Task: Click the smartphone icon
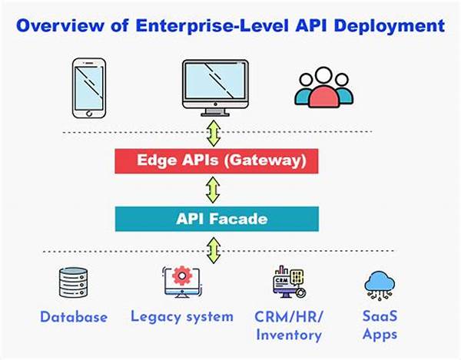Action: [89, 88]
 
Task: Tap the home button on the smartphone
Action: [89, 113]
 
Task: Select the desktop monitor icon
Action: [215, 88]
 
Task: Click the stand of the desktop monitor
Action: [215, 112]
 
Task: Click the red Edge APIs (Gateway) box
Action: [217, 161]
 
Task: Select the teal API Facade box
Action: [217, 219]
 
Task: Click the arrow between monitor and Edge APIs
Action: [214, 134]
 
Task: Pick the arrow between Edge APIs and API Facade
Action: [213, 190]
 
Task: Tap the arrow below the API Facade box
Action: [214, 250]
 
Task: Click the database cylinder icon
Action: [73, 282]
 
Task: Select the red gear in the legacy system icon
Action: [182, 276]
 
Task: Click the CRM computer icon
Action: [290, 282]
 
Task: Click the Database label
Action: [74, 317]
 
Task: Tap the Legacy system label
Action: [182, 317]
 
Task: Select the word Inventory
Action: [289, 335]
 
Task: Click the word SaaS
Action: [380, 316]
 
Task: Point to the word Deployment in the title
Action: [390, 26]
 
